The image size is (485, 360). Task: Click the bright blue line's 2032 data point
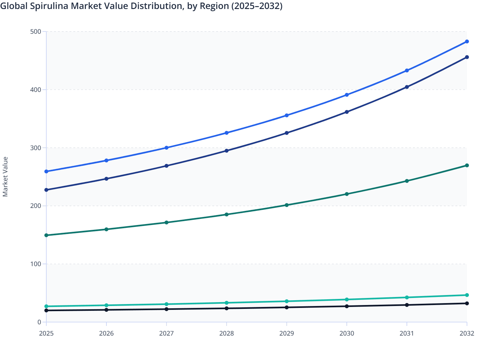pyautogui.click(x=467, y=41)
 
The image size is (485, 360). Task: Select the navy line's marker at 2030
pyautogui.click(x=347, y=112)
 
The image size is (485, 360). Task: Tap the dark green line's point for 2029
pyautogui.click(x=287, y=205)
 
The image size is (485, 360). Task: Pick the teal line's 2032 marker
pyautogui.click(x=467, y=295)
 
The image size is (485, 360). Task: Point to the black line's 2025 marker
pyautogui.click(x=46, y=310)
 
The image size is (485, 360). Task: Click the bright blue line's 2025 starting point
pyautogui.click(x=46, y=171)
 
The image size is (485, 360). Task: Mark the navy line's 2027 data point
pyautogui.click(x=167, y=166)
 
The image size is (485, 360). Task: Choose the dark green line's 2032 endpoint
pyautogui.click(x=467, y=166)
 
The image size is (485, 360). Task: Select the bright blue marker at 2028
pyautogui.click(x=226, y=133)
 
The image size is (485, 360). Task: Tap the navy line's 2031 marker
pyautogui.click(x=407, y=87)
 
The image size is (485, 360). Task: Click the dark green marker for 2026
pyautogui.click(x=106, y=230)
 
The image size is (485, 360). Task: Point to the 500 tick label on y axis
pyautogui.click(x=36, y=32)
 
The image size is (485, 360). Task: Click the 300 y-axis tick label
pyautogui.click(x=36, y=148)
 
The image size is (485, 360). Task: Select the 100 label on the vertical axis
pyautogui.click(x=36, y=264)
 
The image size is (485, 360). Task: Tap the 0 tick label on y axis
pyautogui.click(x=39, y=322)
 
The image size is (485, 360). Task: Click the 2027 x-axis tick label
pyautogui.click(x=167, y=333)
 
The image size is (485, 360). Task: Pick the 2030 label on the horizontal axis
pyautogui.click(x=347, y=333)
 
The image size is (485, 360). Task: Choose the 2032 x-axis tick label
pyautogui.click(x=467, y=333)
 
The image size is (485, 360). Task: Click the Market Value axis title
pyautogui.click(x=5, y=176)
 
